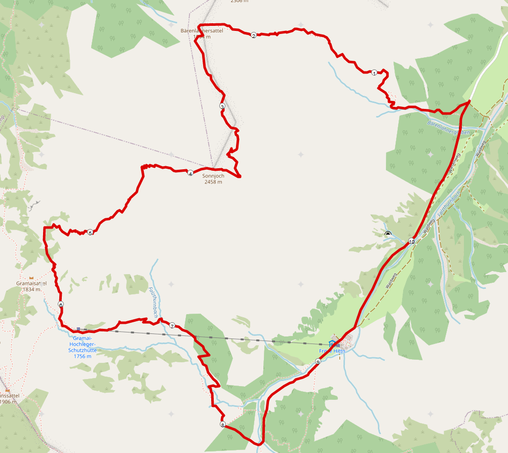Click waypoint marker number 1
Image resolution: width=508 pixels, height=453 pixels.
(374, 73)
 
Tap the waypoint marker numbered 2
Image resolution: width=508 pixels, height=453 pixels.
(253, 35)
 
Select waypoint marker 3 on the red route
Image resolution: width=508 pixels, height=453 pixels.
(222, 106)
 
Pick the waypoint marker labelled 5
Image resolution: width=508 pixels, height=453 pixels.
(90, 233)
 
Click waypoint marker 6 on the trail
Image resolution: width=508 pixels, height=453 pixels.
(61, 305)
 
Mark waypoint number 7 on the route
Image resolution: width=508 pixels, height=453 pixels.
(172, 326)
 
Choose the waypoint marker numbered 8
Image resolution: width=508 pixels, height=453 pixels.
(222, 425)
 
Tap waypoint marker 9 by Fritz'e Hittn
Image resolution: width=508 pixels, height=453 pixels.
(318, 362)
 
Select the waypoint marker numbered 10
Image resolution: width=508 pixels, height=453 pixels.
(411, 242)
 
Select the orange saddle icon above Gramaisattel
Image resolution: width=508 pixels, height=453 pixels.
(31, 278)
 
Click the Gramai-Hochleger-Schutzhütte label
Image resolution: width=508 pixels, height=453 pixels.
(82, 347)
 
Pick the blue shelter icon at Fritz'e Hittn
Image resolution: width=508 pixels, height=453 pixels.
(332, 344)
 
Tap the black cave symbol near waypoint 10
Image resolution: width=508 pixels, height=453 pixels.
(388, 234)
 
